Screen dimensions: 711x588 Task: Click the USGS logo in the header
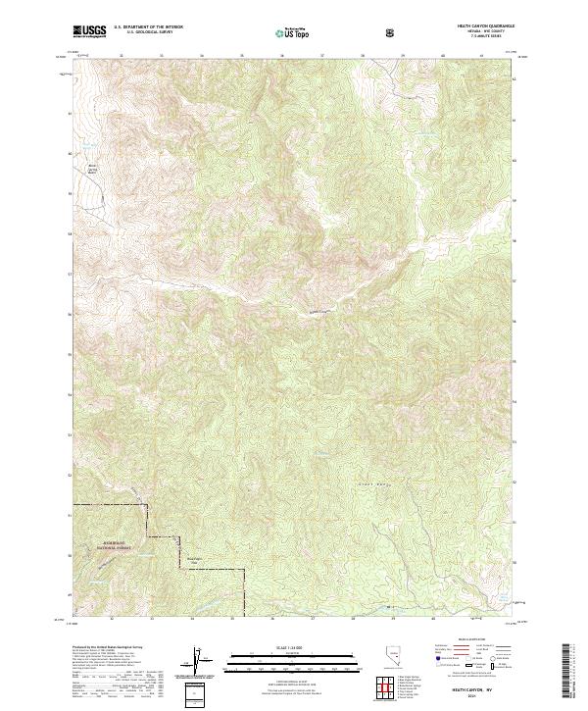[x=90, y=32]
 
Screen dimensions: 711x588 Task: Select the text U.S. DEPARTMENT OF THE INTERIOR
[x=149, y=28]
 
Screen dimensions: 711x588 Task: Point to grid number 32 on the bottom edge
[x=112, y=620]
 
